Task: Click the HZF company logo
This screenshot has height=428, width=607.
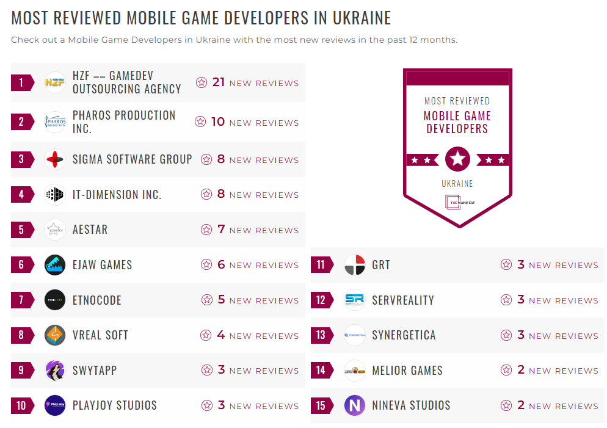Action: point(55,82)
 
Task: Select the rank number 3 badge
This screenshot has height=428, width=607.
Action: point(21,159)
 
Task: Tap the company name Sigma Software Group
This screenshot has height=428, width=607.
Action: point(133,159)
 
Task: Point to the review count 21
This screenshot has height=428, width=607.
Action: point(219,82)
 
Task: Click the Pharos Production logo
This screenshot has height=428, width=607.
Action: point(55,122)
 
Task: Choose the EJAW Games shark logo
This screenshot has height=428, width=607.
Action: point(55,265)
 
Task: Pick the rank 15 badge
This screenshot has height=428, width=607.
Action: point(321,405)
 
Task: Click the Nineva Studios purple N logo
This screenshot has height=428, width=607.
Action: point(355,405)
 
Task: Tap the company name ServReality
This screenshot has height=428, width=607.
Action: point(403,300)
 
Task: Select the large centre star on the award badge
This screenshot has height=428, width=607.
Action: point(457,159)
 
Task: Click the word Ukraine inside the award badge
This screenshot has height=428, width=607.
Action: point(457,183)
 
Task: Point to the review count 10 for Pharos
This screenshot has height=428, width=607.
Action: point(218,122)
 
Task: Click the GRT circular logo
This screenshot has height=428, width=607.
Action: point(355,265)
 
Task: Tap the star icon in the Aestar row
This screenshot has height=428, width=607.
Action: point(206,230)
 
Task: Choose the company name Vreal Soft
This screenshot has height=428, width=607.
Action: point(100,335)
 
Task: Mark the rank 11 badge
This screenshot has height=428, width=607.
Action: point(321,265)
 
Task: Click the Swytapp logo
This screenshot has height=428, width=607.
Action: point(55,371)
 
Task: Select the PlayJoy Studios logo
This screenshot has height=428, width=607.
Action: point(55,405)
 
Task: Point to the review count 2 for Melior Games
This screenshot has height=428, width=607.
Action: point(521,371)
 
